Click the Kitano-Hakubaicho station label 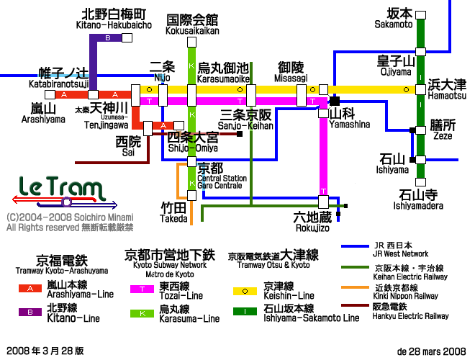pos(114,19)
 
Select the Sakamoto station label pos(394,19)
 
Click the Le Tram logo pos(58,190)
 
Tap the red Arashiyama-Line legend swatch pos(30,289)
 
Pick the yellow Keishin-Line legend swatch pos(245,290)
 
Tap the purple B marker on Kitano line pos(108,37)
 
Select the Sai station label pos(128,147)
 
